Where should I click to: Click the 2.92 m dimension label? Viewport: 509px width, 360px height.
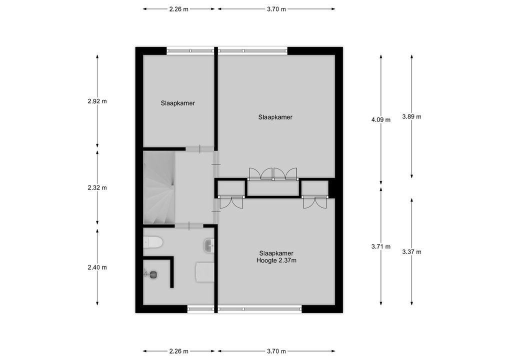[x=97, y=101]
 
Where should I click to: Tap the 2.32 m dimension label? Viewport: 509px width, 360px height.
[x=97, y=188]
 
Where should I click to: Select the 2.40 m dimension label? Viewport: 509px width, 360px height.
[x=97, y=267]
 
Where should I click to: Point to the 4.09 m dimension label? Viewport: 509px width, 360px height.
[x=381, y=119]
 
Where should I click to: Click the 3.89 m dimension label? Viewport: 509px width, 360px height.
[x=411, y=117]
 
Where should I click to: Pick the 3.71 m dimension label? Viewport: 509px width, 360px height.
[x=381, y=246]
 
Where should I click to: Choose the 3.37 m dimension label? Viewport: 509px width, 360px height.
[x=411, y=252]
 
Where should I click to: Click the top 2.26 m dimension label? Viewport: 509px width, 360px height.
[x=178, y=9]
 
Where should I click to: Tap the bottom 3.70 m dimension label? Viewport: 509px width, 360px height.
[x=276, y=351]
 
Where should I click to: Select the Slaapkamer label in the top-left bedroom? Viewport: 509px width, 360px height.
[x=177, y=103]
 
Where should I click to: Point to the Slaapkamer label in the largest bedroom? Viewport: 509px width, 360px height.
[x=275, y=117]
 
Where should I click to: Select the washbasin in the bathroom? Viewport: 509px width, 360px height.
[x=209, y=244]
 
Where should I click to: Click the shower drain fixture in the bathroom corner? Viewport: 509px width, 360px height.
[x=151, y=273]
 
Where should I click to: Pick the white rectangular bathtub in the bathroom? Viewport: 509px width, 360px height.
[x=204, y=272]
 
